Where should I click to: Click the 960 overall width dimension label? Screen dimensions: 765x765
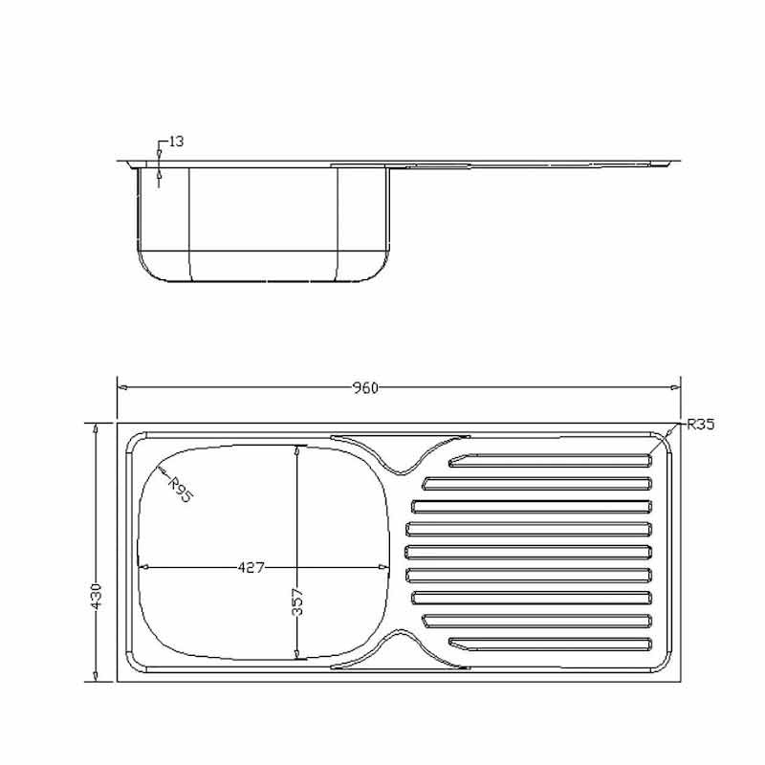pyautogui.click(x=365, y=388)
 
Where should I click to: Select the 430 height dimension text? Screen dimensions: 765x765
pyautogui.click(x=97, y=595)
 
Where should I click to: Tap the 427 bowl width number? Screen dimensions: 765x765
pyautogui.click(x=251, y=567)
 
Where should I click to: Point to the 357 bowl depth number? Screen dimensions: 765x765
pyautogui.click(x=297, y=601)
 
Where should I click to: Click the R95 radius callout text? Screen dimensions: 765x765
pyautogui.click(x=181, y=490)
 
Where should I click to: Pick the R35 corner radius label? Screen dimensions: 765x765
pyautogui.click(x=701, y=425)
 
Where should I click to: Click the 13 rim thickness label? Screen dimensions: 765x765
pyautogui.click(x=176, y=142)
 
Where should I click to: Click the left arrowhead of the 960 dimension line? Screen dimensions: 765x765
pyautogui.click(x=123, y=388)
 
